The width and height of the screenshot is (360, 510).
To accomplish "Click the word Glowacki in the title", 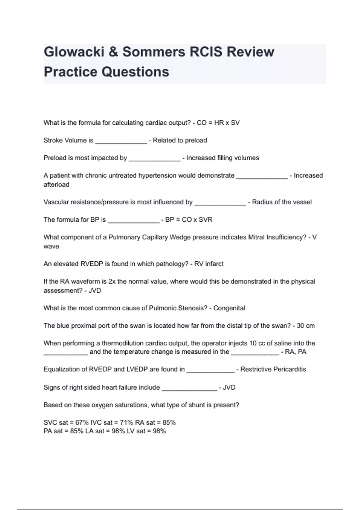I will pyautogui.click(x=73, y=52).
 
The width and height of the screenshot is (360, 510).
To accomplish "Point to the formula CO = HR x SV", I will pyautogui.click(x=218, y=123).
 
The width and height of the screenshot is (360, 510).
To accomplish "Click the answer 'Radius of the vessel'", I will pyautogui.click(x=282, y=202).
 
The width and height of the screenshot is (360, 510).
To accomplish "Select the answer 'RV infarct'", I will pyautogui.click(x=209, y=264).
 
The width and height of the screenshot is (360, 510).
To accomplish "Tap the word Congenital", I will pyautogui.click(x=229, y=308).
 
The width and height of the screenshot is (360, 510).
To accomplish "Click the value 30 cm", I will pyautogui.click(x=306, y=325).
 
